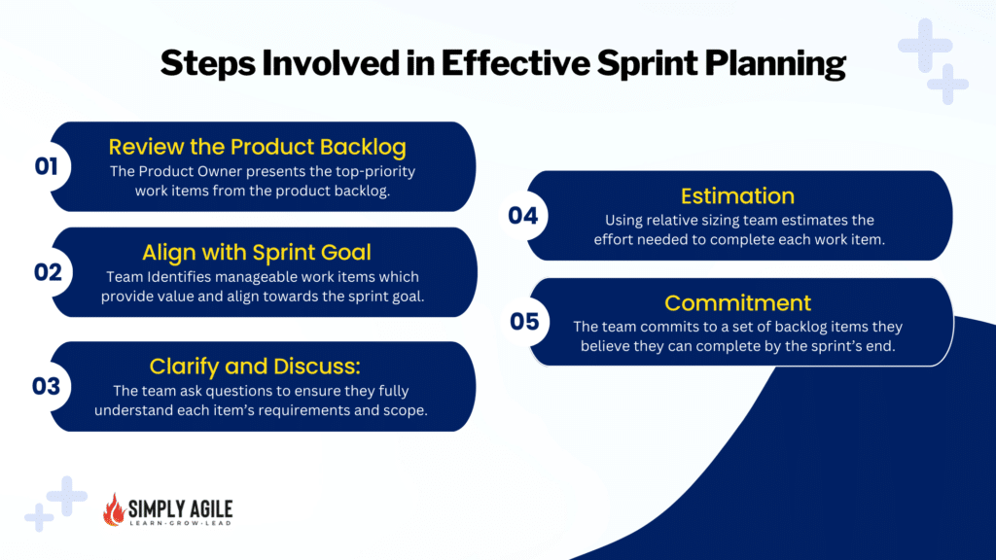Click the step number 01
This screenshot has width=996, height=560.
point(47,167)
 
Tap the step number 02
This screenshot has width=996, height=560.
point(48,272)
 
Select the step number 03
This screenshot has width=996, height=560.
point(47,386)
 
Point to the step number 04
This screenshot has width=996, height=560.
point(523,216)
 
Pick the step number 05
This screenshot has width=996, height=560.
point(524,322)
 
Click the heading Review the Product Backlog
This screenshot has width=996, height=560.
point(257,147)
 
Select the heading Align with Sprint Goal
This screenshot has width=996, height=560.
point(257,253)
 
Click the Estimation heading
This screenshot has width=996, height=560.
point(737,195)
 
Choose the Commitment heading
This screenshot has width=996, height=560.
point(737,302)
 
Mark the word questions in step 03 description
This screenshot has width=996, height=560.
point(265,391)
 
